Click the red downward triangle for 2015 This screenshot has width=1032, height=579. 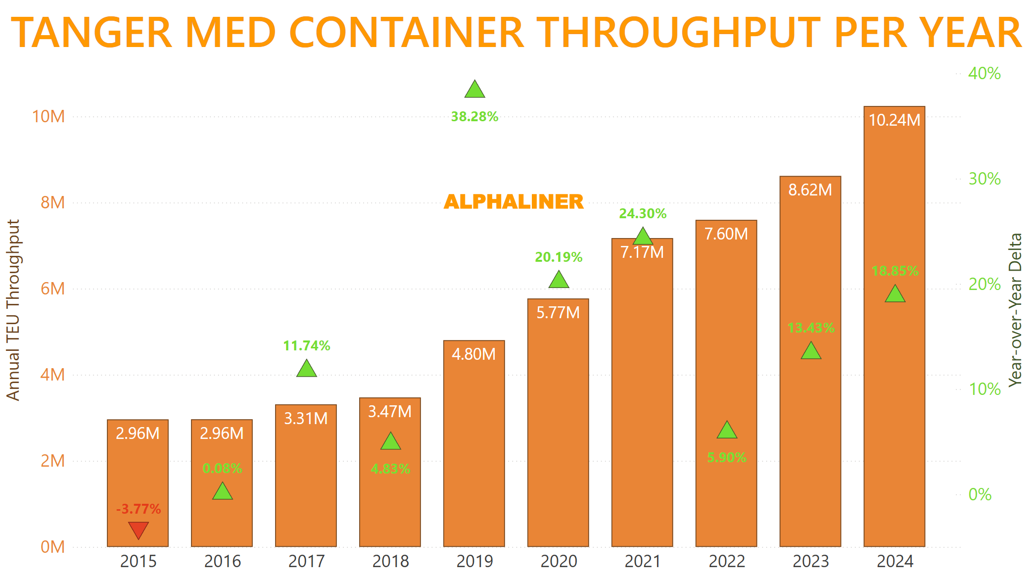click(139, 530)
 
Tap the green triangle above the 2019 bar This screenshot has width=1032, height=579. click(474, 90)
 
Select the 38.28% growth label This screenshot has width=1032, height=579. click(474, 117)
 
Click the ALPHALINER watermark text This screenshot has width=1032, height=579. click(514, 202)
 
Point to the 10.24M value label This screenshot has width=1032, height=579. click(894, 120)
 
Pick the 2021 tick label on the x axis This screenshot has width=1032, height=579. click(643, 561)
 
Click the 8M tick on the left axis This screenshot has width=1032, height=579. click(52, 202)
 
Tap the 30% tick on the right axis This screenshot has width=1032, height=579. click(984, 179)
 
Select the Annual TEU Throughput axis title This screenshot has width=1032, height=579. click(13, 310)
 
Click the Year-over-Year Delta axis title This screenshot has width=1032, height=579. click(1015, 310)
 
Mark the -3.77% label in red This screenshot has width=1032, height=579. click(139, 509)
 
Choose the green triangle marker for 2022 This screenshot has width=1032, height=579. click(727, 431)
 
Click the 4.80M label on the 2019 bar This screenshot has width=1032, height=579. click(473, 354)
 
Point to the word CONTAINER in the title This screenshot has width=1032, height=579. click(406, 33)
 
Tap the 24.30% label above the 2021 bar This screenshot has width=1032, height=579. click(643, 214)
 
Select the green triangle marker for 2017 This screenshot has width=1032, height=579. click(307, 369)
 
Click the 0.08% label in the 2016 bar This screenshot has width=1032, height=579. click(222, 468)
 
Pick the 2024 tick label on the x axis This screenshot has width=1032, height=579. click(895, 561)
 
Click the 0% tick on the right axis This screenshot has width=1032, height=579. click(980, 494)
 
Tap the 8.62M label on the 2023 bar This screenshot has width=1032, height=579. click(810, 190)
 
